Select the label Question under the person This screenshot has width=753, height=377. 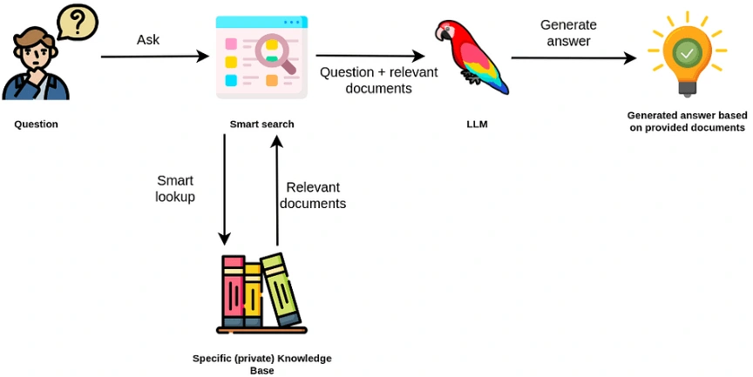36,125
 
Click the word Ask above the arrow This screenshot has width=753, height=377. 149,40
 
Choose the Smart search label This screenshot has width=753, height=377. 261,125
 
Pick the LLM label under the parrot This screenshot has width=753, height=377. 477,125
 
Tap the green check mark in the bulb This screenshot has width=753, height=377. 688,55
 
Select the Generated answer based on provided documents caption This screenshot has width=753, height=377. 687,121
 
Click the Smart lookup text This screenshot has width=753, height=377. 175,188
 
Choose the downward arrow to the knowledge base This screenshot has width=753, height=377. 225,188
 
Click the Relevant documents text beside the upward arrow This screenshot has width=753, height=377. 313,195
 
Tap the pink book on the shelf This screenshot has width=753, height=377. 233,289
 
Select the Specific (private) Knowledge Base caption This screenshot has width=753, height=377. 261,364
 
